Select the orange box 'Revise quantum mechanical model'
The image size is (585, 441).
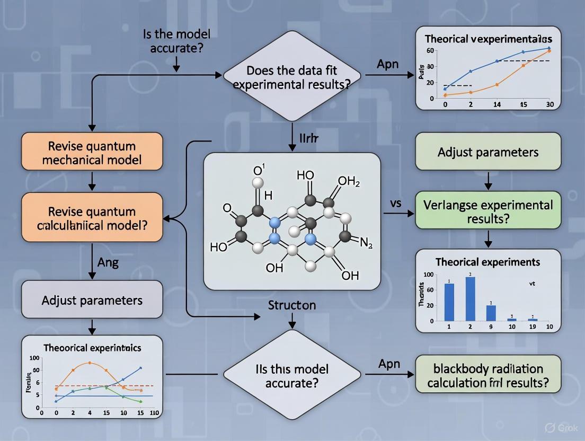pyautogui.click(x=92, y=152)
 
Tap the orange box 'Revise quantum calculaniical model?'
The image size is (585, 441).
pyautogui.click(x=92, y=218)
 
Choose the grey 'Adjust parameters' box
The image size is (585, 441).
pyautogui.click(x=92, y=300)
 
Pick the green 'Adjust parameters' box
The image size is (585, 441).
pyautogui.click(x=488, y=152)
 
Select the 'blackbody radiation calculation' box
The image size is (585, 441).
pyautogui.click(x=488, y=375)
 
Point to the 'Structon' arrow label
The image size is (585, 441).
pyautogui.click(x=292, y=305)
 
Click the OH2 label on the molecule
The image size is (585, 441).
pyautogui.click(x=349, y=182)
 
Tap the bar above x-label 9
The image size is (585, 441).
pyautogui.click(x=491, y=313)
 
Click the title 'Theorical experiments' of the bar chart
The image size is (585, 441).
pyautogui.click(x=487, y=262)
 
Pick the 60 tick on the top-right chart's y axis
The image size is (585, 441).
pyautogui.click(x=430, y=51)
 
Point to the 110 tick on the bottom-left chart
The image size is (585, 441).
pyautogui.click(x=155, y=412)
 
